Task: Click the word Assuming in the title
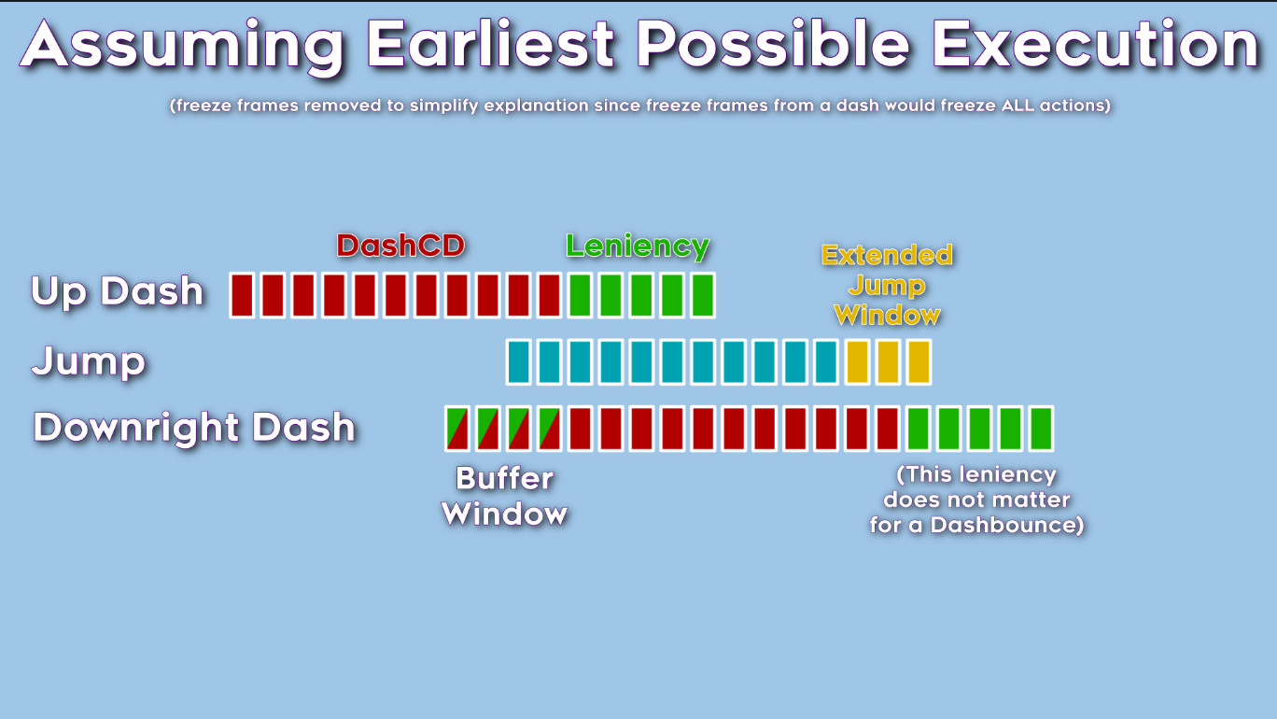coord(182,46)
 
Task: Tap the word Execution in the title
coord(1096,44)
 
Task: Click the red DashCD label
coord(400,246)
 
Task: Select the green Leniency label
coord(638,247)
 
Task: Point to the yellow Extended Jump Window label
coord(887,285)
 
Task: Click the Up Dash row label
coord(117,291)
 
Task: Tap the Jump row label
coord(89,361)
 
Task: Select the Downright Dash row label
coord(194,427)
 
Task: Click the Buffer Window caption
coord(504,496)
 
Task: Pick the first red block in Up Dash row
coord(242,295)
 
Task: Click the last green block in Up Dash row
coord(703,295)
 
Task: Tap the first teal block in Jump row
coord(518,362)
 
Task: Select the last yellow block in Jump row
coord(919,362)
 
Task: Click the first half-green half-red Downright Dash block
coord(457,429)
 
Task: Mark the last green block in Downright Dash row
coord(1042,429)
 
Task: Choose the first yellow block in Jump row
coord(857,362)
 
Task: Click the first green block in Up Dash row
coord(580,295)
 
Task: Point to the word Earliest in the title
coord(491,44)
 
